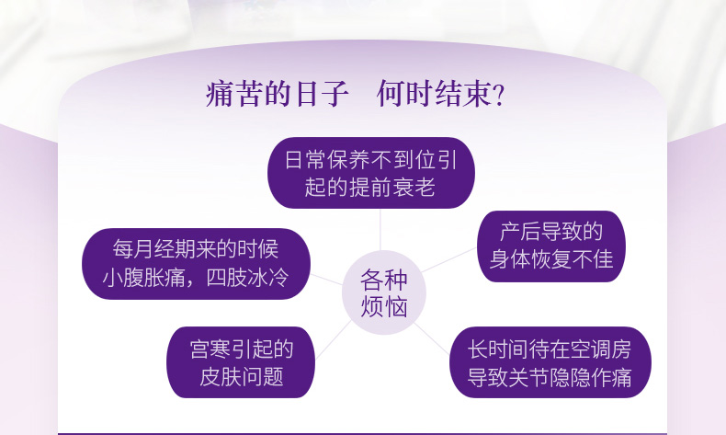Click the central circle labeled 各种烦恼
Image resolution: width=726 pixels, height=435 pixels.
point(384,292)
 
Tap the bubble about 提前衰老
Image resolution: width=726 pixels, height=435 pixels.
point(371,173)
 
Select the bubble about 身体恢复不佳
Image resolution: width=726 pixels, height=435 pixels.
point(551,246)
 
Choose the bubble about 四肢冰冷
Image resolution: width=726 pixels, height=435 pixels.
point(196,264)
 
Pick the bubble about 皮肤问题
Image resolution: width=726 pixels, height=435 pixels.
point(241,362)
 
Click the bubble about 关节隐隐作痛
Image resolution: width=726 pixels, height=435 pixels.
point(550,362)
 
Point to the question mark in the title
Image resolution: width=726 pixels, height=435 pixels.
point(499,95)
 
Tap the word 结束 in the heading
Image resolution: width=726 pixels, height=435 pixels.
point(463,94)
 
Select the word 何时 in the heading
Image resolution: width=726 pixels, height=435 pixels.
point(405,94)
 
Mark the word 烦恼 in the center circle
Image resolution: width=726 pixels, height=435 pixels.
point(384,306)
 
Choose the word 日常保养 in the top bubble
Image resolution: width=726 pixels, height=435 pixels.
point(327,160)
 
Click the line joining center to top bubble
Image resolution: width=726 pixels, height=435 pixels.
point(380,229)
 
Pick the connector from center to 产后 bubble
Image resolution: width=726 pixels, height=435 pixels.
point(449,260)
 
